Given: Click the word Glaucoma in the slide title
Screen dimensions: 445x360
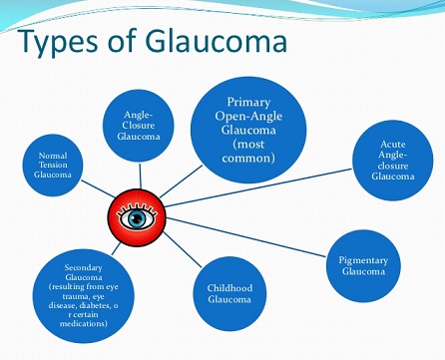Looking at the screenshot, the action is pyautogui.click(x=217, y=41).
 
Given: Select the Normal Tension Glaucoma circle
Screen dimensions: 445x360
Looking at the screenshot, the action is pyautogui.click(x=53, y=166).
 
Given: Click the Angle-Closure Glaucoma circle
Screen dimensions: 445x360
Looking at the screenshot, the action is pyautogui.click(x=139, y=126).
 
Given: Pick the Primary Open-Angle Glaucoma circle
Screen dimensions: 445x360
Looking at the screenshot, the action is pyautogui.click(x=248, y=130).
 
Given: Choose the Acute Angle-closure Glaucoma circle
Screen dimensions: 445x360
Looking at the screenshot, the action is pyautogui.click(x=393, y=161).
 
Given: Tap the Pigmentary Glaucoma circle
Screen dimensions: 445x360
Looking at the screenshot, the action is pyautogui.click(x=363, y=266).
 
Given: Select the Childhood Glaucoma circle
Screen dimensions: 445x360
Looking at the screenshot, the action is pyautogui.click(x=229, y=294).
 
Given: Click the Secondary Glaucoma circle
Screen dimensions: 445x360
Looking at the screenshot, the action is pyautogui.click(x=83, y=296).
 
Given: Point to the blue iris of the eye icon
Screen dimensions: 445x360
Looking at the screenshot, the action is pyautogui.click(x=137, y=218).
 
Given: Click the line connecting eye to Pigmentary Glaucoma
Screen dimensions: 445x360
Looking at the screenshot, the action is pyautogui.click(x=246, y=237).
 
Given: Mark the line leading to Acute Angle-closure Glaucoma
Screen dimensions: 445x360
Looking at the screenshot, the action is pyautogui.click(x=258, y=187).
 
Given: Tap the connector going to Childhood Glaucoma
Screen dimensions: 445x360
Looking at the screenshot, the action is pyautogui.click(x=183, y=249).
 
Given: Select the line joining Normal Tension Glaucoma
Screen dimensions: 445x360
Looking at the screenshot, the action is pyautogui.click(x=98, y=188).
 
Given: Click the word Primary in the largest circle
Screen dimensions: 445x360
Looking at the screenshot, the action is pyautogui.click(x=248, y=103).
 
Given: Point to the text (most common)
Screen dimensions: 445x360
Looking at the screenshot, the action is pyautogui.click(x=248, y=151).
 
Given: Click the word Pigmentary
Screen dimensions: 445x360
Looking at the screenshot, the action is pyautogui.click(x=363, y=261).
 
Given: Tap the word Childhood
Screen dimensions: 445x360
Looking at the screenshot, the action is pyautogui.click(x=229, y=288).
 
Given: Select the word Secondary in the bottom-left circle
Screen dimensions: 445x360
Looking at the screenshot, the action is pyautogui.click(x=83, y=268).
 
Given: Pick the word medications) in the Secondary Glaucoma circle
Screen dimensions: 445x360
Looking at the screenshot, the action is pyautogui.click(x=84, y=323).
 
